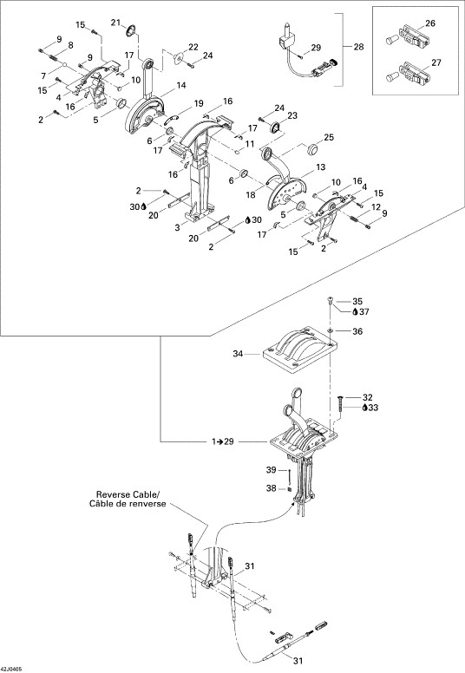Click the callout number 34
(x=238, y=354)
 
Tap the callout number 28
(x=358, y=46)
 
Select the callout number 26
(x=430, y=23)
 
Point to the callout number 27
(x=436, y=62)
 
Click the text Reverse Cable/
(x=128, y=494)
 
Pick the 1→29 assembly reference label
(x=223, y=441)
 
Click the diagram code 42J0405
(x=12, y=670)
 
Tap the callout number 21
(x=116, y=23)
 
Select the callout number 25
(x=329, y=137)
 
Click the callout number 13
(x=321, y=167)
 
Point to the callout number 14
(x=181, y=85)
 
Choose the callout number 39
(x=271, y=470)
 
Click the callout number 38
(x=271, y=488)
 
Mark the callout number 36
(x=357, y=331)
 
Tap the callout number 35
(x=357, y=301)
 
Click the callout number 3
(x=177, y=228)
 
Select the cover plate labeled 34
(x=298, y=348)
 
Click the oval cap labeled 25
(x=313, y=150)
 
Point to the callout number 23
(x=292, y=115)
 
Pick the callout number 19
(x=199, y=103)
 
